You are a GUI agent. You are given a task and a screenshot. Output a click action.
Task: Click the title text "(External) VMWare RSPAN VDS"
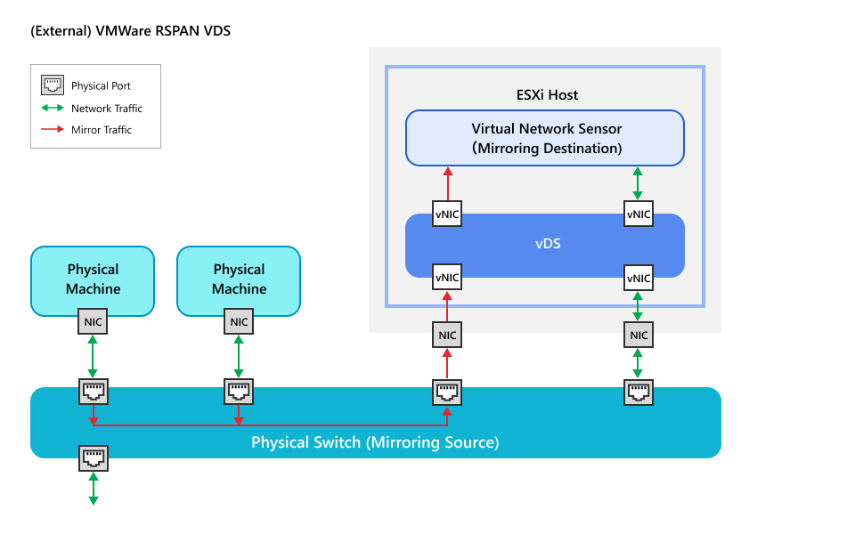click(x=130, y=31)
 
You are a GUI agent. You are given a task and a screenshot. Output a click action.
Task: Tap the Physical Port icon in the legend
click(x=53, y=86)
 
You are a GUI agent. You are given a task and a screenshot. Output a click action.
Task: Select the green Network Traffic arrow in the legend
click(x=53, y=109)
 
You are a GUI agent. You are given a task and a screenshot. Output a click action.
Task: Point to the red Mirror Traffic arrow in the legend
click(x=53, y=130)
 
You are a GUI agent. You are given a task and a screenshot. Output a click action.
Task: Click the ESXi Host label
click(x=547, y=94)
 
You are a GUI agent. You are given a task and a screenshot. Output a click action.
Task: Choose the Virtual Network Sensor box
click(x=545, y=138)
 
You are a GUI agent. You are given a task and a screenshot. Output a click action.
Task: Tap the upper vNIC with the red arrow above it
click(x=447, y=214)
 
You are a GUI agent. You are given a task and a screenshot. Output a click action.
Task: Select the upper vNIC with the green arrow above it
click(x=638, y=214)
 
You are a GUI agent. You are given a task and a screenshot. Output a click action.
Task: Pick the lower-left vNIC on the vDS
click(x=447, y=277)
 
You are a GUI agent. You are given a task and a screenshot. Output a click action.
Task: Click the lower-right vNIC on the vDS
click(x=638, y=277)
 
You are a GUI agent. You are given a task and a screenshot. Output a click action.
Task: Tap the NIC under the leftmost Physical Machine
click(x=93, y=322)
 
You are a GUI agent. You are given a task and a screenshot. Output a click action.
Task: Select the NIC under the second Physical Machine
click(x=239, y=322)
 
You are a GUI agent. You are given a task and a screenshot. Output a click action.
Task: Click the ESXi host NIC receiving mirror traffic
click(x=447, y=336)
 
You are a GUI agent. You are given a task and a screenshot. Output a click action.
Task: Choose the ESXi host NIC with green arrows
click(x=638, y=336)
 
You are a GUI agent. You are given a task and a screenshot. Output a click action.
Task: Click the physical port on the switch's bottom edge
click(x=93, y=458)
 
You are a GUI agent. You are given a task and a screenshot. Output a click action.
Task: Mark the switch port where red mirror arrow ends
click(x=447, y=392)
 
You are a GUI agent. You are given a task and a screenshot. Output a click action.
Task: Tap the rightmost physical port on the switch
click(x=638, y=392)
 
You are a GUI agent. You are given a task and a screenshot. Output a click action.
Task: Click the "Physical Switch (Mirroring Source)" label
click(x=375, y=442)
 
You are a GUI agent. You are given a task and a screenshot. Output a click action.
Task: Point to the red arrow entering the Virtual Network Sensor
click(x=447, y=183)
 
